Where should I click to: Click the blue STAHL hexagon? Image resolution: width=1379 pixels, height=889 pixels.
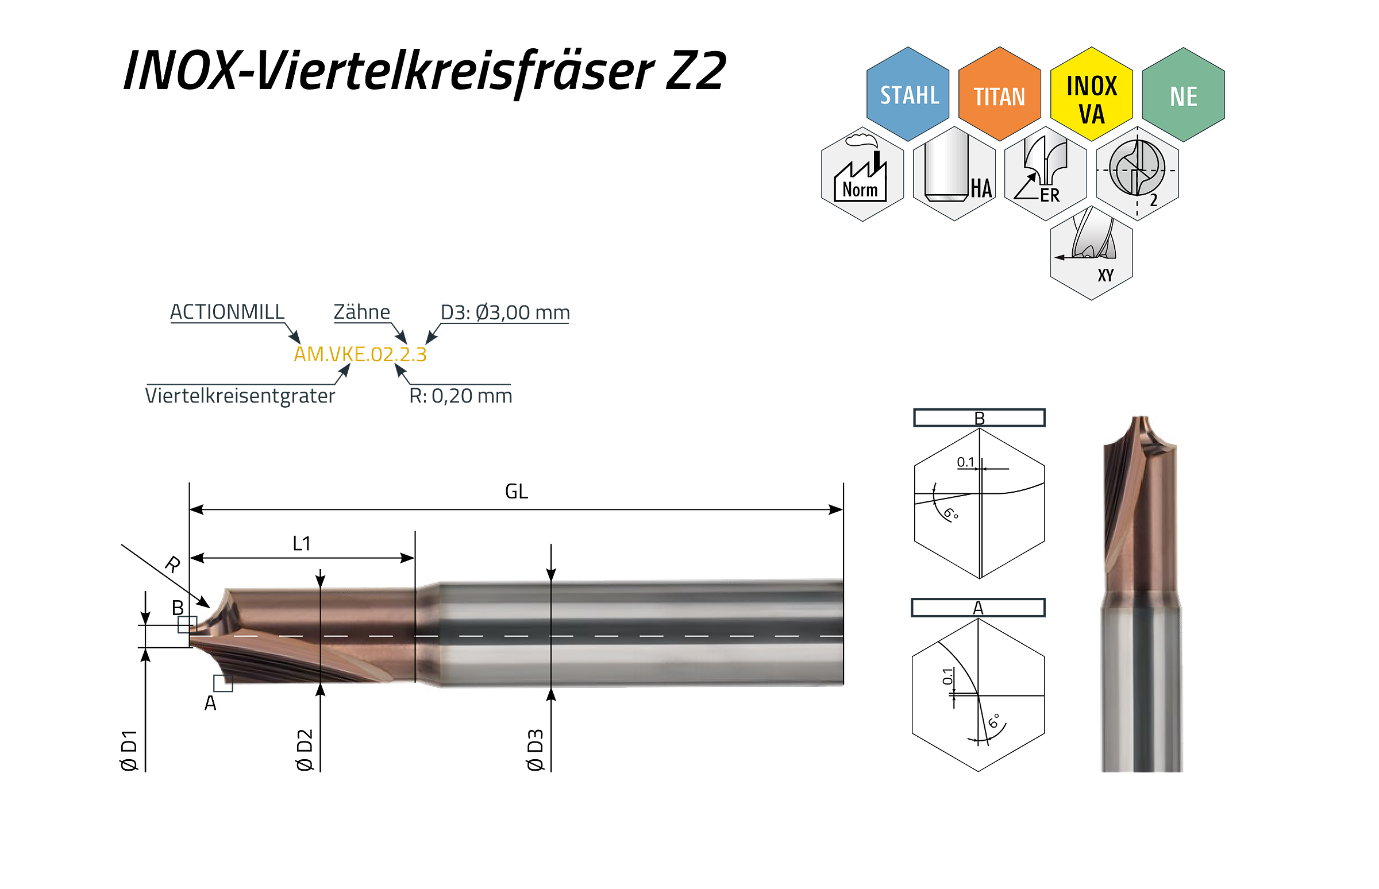pos(907,94)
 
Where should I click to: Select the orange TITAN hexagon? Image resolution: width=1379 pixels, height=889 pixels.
pos(999,94)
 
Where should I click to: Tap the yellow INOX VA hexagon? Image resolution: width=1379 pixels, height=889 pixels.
pos(1091,94)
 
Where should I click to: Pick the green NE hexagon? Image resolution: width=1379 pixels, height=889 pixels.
pos(1182,95)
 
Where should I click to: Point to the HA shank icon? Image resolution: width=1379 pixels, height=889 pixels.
pos(954,174)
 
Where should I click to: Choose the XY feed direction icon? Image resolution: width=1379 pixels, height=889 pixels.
pos(1091,253)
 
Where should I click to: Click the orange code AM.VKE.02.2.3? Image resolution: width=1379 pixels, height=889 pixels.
pos(360,354)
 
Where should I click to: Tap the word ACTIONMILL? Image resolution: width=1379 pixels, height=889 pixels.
pos(227,312)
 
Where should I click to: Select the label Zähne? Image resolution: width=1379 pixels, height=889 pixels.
pos(362,312)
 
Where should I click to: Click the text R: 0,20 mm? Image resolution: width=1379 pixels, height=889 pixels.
pos(460,396)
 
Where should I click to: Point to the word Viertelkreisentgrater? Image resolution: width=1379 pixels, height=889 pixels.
pos(240,396)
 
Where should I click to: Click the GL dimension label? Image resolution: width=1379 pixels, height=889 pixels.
pos(516,491)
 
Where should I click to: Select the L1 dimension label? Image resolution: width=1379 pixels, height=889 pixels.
pos(302,543)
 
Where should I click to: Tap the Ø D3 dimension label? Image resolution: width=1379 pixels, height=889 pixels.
pos(535,749)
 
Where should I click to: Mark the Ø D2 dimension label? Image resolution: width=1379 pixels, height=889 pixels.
pos(304,749)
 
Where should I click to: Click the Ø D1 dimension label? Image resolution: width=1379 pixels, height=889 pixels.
pos(129,750)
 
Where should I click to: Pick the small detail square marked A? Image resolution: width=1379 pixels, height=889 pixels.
pos(223,683)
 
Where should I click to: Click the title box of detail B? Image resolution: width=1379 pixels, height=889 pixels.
pos(979,418)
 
